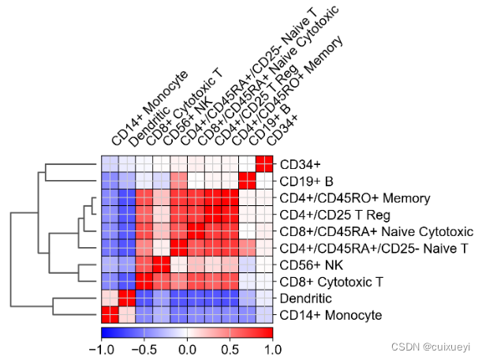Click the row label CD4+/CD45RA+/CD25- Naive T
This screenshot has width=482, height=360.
tap(365, 248)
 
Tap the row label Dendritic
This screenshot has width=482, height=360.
tap(303, 298)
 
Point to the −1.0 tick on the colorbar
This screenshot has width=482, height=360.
tap(103, 347)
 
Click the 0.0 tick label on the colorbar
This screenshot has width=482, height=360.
tap(187, 347)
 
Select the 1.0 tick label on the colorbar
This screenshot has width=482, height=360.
tap(271, 347)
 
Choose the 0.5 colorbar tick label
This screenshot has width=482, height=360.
tap(230, 347)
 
